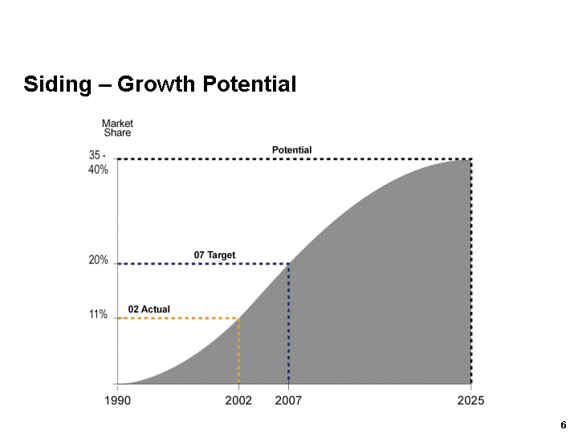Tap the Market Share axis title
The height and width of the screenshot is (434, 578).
point(117,128)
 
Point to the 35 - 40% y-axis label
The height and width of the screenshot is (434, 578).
point(99,163)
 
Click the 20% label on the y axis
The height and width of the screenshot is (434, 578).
point(99,260)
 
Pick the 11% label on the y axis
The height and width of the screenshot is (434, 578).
point(98,315)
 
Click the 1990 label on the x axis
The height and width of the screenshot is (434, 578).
point(118,400)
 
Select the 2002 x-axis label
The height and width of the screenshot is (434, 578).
point(238,400)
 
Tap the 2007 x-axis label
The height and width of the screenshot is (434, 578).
point(288,400)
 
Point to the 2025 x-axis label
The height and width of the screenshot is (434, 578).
point(470,400)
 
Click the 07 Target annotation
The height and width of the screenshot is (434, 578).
point(215,255)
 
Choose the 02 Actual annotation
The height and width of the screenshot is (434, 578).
point(149,309)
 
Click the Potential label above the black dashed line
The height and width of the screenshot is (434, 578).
point(292,150)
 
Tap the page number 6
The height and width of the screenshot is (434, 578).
point(564,424)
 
